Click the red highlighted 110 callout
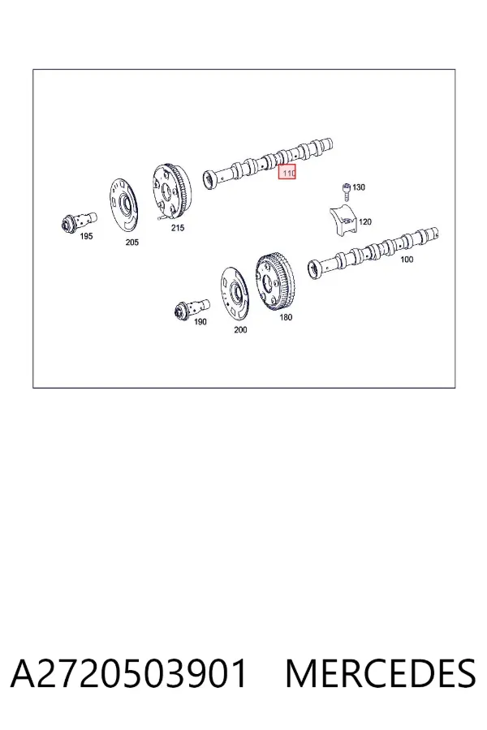coord(287,172)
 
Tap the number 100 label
coord(407,260)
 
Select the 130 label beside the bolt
coord(359,187)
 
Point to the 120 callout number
coord(365,221)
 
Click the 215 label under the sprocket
coord(178,228)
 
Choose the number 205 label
coord(131,242)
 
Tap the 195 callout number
coord(86,236)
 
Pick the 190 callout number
coord(200,322)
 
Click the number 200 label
coord(240,329)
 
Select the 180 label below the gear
coord(286,317)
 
